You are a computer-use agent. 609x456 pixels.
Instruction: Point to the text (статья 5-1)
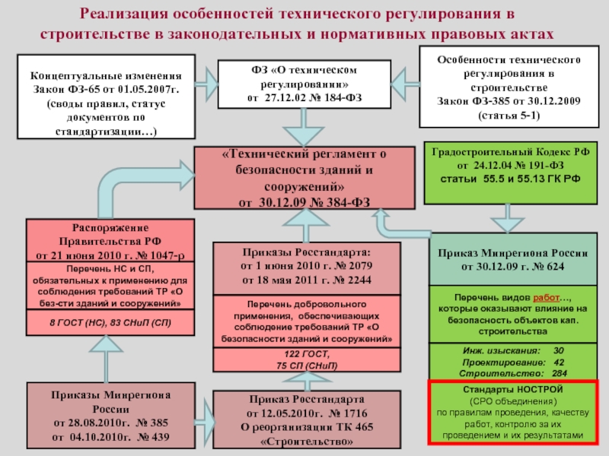click(509, 116)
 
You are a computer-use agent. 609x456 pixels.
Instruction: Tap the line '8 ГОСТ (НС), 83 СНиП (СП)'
click(110, 322)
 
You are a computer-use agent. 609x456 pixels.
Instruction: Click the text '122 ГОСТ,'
click(307, 354)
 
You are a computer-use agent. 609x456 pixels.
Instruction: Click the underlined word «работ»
click(546, 298)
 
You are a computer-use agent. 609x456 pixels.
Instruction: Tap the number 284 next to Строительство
click(560, 373)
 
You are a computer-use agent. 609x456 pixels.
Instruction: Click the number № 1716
click(348, 413)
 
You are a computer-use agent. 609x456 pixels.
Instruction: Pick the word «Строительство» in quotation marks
click(307, 442)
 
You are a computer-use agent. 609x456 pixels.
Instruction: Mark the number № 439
click(154, 437)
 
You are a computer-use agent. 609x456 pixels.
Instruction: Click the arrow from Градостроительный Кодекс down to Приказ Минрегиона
click(508, 218)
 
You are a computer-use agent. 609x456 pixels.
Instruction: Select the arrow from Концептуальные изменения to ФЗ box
click(206, 84)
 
